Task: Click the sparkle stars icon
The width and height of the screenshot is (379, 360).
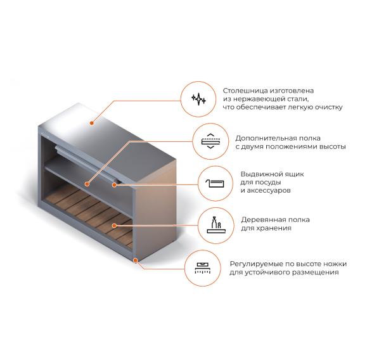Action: pos(198,99)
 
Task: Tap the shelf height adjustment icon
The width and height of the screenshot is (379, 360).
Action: pos(210,141)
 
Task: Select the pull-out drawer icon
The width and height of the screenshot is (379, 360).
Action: pos(215,184)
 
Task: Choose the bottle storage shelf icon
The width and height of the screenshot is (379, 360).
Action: pos(216,225)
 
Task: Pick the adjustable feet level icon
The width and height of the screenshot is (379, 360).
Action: pos(203,268)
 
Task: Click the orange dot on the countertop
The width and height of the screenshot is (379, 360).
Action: pos(92,123)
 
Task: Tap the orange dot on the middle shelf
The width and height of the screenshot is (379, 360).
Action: pos(87,184)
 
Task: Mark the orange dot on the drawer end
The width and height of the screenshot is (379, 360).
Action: pos(114,185)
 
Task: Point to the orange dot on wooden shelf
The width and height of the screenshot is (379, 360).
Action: pos(114,226)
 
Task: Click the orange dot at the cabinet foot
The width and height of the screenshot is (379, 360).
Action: pos(136,260)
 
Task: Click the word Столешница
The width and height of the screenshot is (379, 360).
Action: pos(245,91)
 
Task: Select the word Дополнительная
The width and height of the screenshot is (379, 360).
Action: pos(264,139)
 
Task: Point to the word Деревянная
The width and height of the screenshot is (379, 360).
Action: pos(262,220)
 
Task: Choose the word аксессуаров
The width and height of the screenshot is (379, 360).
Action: pos(269,191)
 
